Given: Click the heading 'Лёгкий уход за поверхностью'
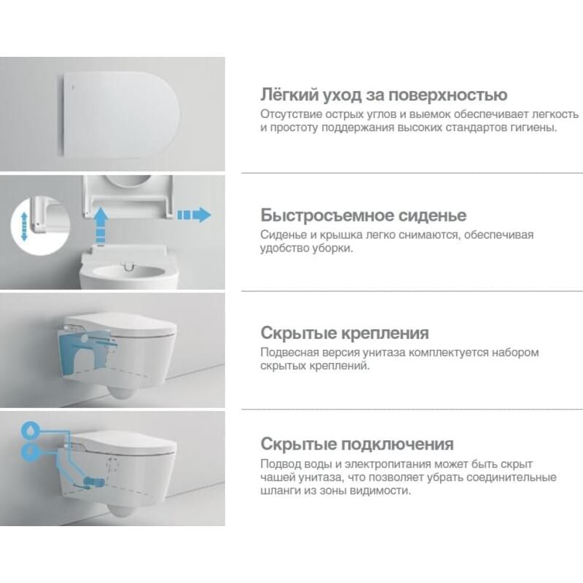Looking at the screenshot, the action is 384,95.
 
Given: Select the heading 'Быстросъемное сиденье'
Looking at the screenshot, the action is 363,215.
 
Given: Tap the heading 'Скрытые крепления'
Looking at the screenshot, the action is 345,333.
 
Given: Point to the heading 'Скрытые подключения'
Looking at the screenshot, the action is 357,444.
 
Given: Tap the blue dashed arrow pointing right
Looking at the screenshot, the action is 195,215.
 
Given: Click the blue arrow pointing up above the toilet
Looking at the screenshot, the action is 100,226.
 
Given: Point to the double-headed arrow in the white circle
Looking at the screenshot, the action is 25,227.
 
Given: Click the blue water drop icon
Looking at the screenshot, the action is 29,430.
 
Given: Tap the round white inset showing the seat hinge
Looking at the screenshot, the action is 40,227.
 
